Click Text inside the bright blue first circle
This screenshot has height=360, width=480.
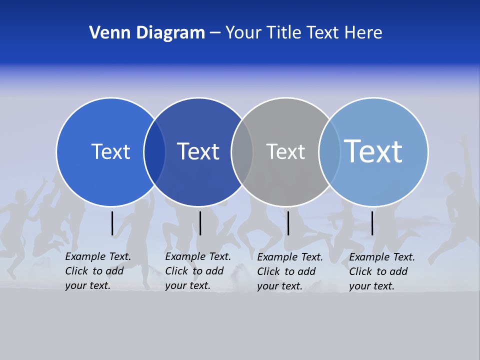click(110, 151)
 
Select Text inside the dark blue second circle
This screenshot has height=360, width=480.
click(198, 151)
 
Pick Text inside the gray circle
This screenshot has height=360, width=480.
click(285, 151)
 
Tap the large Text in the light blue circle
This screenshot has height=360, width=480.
click(373, 151)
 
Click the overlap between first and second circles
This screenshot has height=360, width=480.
click(154, 152)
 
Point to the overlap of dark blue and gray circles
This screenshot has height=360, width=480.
click(242, 152)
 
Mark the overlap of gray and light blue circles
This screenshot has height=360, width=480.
click(329, 152)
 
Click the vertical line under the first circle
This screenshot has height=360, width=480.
click(112, 223)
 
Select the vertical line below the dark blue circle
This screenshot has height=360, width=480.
click(200, 223)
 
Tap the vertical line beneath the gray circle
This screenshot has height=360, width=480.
click(288, 223)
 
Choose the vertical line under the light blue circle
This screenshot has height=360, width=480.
click(372, 223)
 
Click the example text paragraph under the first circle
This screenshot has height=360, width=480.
click(97, 271)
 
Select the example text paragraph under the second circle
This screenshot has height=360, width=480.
click(197, 271)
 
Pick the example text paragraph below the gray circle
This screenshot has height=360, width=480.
click(289, 271)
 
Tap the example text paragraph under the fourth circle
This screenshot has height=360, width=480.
click(381, 271)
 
